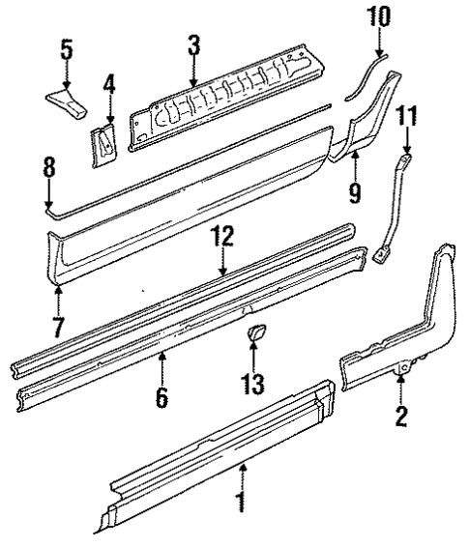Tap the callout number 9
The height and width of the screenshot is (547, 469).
355,190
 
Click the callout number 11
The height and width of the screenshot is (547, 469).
407,118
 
